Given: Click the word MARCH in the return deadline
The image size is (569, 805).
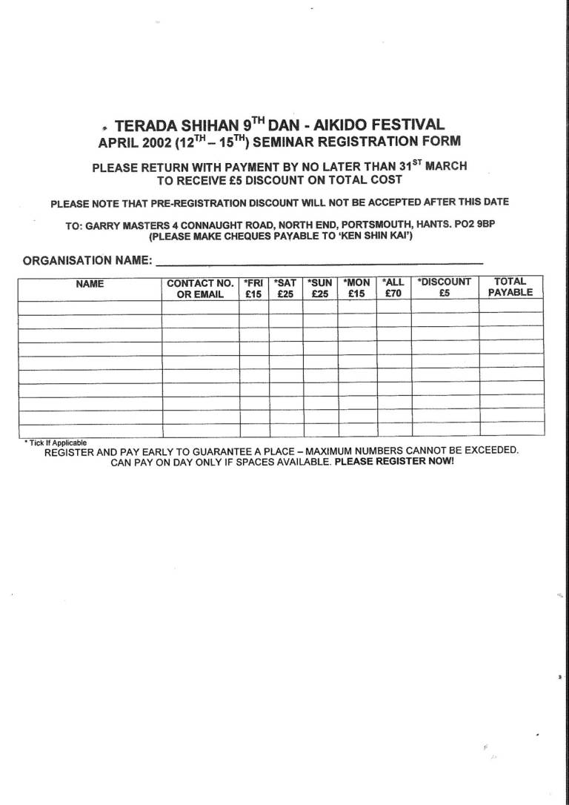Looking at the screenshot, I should click(445, 166).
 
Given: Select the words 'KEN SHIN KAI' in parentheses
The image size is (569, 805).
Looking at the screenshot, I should click(371, 237).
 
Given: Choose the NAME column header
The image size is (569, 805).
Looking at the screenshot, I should click(90, 284).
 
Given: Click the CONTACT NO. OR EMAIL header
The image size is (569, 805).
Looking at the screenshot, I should click(200, 288).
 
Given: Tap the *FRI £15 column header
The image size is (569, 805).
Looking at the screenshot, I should click(253, 288).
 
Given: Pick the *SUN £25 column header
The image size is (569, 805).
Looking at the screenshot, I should click(319, 288).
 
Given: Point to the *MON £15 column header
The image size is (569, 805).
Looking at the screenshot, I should click(356, 288).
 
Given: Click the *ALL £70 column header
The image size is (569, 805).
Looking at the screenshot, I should click(393, 288).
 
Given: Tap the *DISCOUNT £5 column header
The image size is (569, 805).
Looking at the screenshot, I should click(445, 288).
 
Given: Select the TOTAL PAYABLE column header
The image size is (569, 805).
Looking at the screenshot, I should click(510, 287).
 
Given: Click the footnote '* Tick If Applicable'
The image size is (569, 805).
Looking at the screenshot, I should click(55, 443).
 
